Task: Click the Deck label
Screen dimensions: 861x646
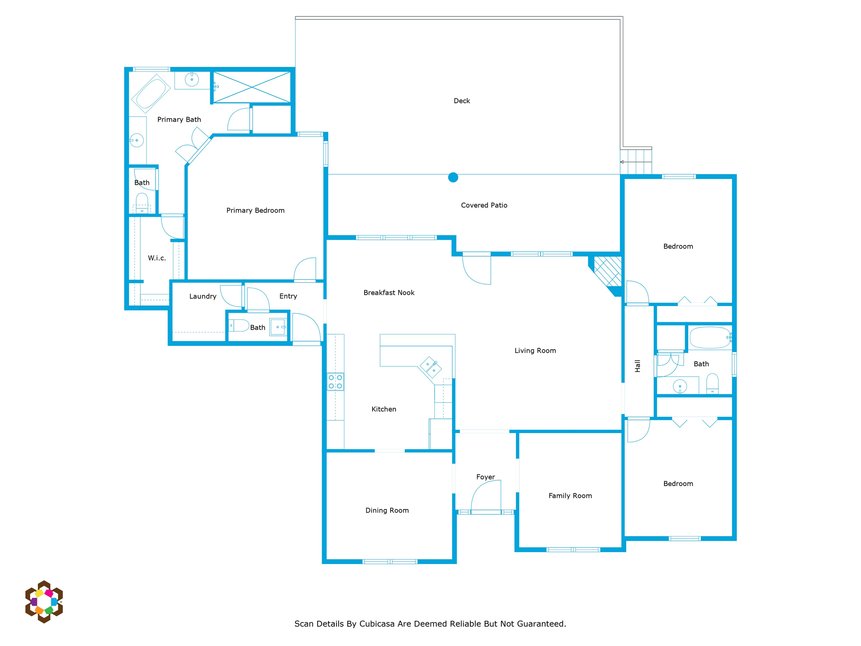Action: pos(462,101)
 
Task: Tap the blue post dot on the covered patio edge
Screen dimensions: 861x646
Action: pos(453,177)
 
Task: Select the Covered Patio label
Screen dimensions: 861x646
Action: pos(484,205)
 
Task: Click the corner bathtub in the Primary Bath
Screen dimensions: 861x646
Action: pos(151,94)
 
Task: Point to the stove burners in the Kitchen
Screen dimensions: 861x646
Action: pos(335,382)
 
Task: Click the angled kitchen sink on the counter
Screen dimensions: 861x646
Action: pos(431,368)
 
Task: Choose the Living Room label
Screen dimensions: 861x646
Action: pos(535,351)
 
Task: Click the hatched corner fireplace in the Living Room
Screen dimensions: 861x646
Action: pos(606,273)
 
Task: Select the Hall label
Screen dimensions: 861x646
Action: pos(638,366)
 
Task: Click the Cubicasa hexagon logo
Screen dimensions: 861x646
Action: pos(44,602)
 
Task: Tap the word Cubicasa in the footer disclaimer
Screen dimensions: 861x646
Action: pos(377,624)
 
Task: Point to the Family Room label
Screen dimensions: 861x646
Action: pos(570,496)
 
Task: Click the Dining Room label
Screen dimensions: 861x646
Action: pos(387,511)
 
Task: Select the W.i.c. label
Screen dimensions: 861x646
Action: pos(157,258)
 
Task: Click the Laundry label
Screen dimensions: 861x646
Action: pos(203,297)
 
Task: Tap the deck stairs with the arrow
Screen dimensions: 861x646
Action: pos(636,162)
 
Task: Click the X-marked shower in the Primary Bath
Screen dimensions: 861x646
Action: pos(252,87)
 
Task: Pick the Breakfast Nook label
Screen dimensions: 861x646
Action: pos(389,293)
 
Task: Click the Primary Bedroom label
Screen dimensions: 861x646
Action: pos(255,210)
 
